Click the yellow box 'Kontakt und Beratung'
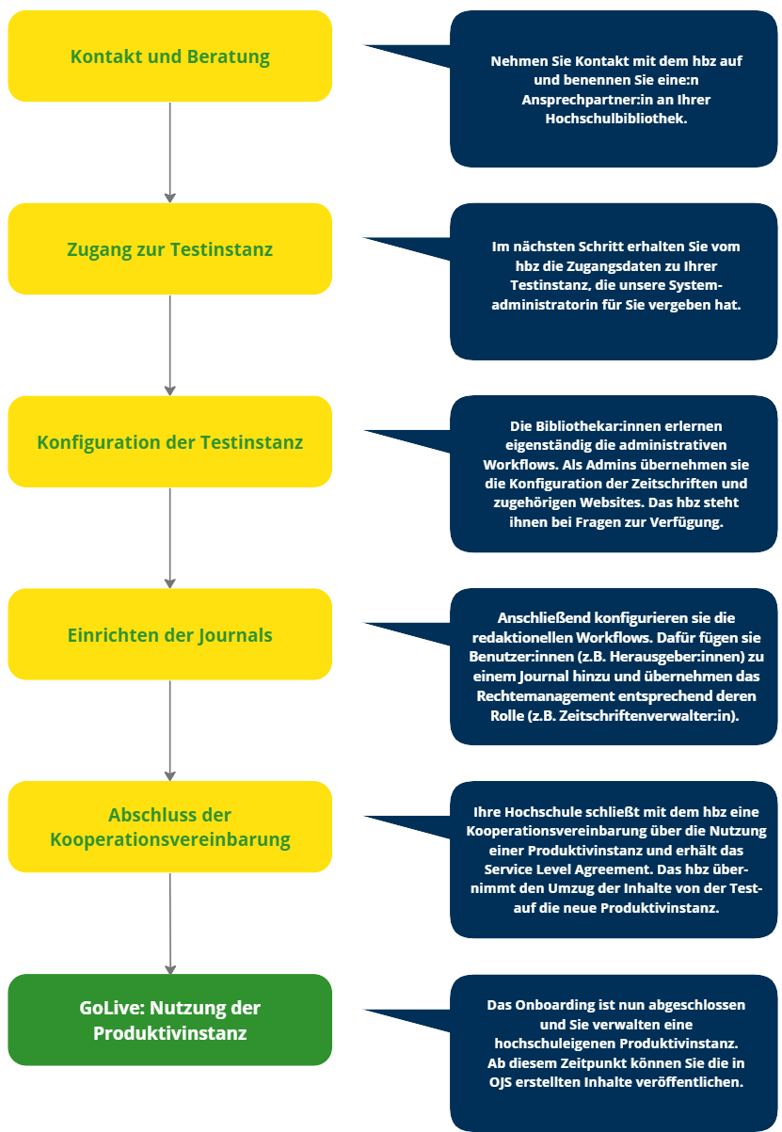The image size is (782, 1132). tap(169, 56)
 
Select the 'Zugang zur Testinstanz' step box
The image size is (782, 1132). tap(169, 249)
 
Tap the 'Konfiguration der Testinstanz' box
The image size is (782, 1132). tap(169, 442)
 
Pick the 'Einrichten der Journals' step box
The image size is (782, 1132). tap(169, 635)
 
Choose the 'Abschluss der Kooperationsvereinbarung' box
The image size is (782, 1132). tap(169, 827)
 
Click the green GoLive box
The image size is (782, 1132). tap(169, 1020)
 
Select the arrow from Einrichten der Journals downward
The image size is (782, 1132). tap(170, 730)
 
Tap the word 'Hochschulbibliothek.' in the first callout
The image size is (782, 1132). tap(615, 119)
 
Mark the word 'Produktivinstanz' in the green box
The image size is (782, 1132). tap(169, 1032)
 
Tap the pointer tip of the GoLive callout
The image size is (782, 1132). tap(365, 1011)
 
